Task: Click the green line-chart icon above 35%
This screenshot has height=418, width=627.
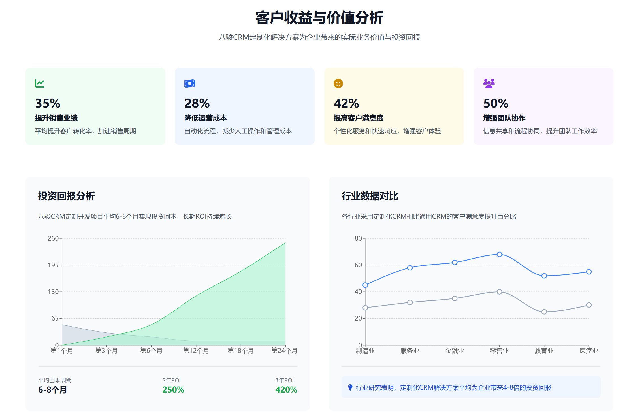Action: pos(40,83)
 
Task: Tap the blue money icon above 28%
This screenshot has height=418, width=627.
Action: pos(189,83)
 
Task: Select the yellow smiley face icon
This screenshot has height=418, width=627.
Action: pos(338,83)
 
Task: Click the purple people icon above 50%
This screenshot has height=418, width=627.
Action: pos(489,83)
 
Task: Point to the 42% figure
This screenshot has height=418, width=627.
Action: pos(346,103)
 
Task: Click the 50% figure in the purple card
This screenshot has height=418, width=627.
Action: pos(496,103)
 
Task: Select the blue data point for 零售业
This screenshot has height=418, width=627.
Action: pos(499,254)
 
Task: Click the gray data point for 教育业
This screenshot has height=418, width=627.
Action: pos(544,312)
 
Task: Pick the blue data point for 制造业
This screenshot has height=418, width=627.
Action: pos(365,285)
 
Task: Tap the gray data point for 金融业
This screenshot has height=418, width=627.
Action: pos(455,298)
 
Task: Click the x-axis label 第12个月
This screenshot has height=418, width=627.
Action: pos(196,351)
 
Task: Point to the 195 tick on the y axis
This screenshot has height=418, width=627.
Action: pos(53,265)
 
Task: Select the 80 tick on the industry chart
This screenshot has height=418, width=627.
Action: pos(358,238)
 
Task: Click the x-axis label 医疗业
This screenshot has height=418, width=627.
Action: pos(588,351)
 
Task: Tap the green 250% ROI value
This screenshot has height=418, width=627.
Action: pos(173,390)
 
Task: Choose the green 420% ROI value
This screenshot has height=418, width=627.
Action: pos(286,390)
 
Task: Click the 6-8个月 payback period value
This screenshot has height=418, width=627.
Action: pos(53,390)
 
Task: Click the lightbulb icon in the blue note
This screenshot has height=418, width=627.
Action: pos(350,387)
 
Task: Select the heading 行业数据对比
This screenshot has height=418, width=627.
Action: pos(370,196)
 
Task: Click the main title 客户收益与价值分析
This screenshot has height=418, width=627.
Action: pos(319,18)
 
